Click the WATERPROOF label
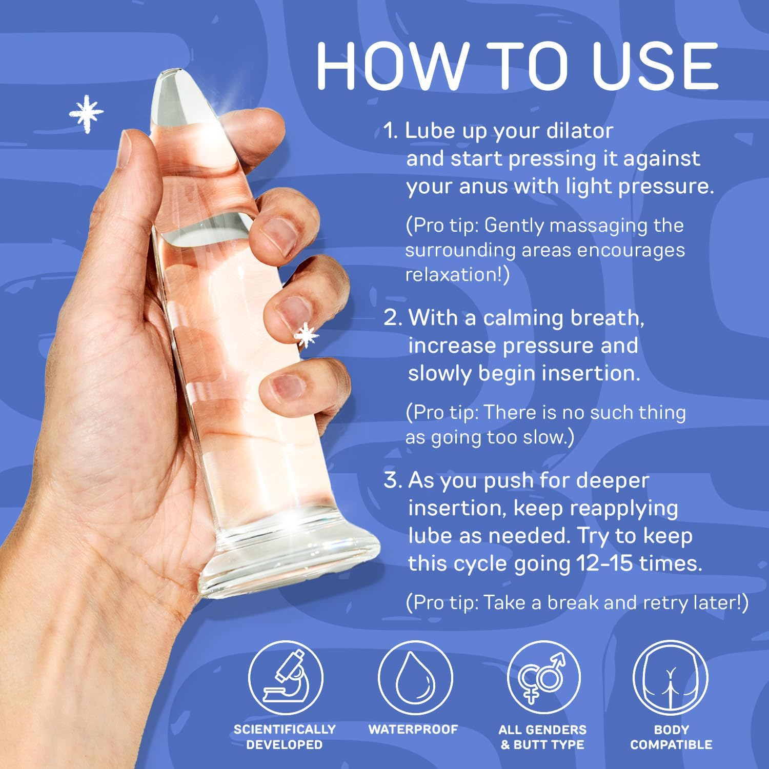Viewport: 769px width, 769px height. (413, 729)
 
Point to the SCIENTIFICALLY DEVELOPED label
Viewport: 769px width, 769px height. (285, 737)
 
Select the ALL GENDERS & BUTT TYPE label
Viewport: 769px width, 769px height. (542, 737)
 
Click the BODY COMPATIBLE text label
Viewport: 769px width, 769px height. (671, 737)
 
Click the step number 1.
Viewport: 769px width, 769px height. (391, 131)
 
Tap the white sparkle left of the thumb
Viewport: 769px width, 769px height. (87, 114)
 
